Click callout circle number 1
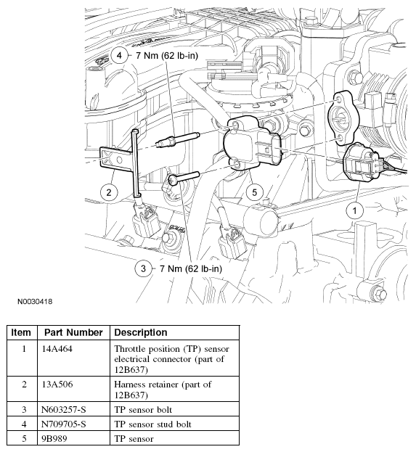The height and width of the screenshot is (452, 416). (x=354, y=211)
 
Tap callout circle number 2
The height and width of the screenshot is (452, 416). (x=108, y=192)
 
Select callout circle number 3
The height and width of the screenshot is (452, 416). (x=143, y=268)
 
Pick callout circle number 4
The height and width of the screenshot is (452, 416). (x=119, y=55)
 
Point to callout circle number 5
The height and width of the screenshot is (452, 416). (x=253, y=192)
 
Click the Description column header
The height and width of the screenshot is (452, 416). (x=141, y=332)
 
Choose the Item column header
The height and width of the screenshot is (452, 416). (x=22, y=332)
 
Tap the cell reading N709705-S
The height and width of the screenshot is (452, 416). (x=65, y=425)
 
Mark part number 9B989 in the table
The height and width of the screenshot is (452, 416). (x=58, y=438)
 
